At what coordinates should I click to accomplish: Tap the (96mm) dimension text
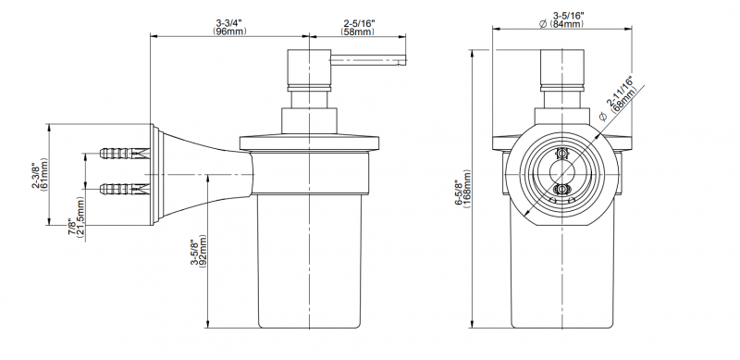click(x=228, y=31)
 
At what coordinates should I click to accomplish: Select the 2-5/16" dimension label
click(x=359, y=23)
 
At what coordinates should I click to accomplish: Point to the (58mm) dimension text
click(x=358, y=31)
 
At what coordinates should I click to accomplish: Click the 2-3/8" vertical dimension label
click(x=36, y=174)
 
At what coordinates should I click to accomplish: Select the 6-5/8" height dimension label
click(x=458, y=192)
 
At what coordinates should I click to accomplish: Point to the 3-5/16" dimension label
click(x=569, y=16)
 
